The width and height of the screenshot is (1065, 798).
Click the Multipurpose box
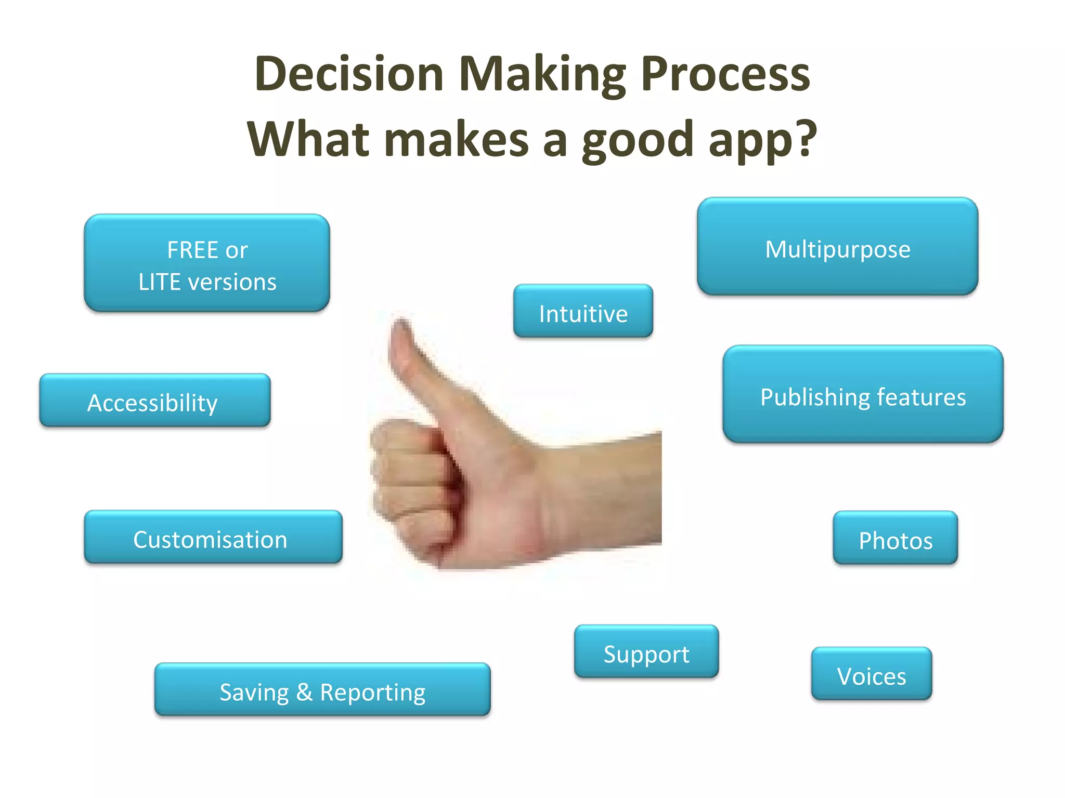[x=837, y=247]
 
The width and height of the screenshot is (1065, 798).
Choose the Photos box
[x=895, y=538]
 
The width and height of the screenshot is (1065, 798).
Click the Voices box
[x=872, y=674]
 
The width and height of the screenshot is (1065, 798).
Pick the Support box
[x=646, y=652]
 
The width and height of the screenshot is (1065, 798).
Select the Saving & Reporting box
[x=322, y=690]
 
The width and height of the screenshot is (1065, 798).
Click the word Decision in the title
[x=349, y=74]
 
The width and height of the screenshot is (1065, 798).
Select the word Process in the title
[x=725, y=74]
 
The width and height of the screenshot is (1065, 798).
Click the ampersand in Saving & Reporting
[x=304, y=691]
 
